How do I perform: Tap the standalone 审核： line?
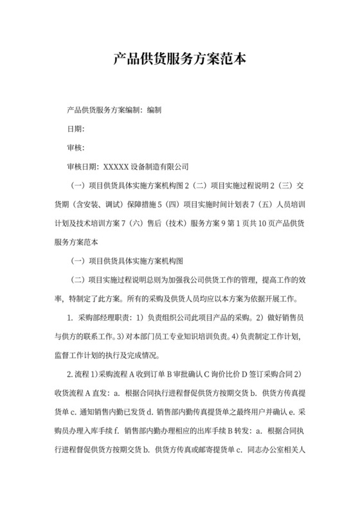coord(76,148)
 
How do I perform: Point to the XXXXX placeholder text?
coord(116,166)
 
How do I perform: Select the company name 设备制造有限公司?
coord(159,166)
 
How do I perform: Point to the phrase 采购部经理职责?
coord(104,317)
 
